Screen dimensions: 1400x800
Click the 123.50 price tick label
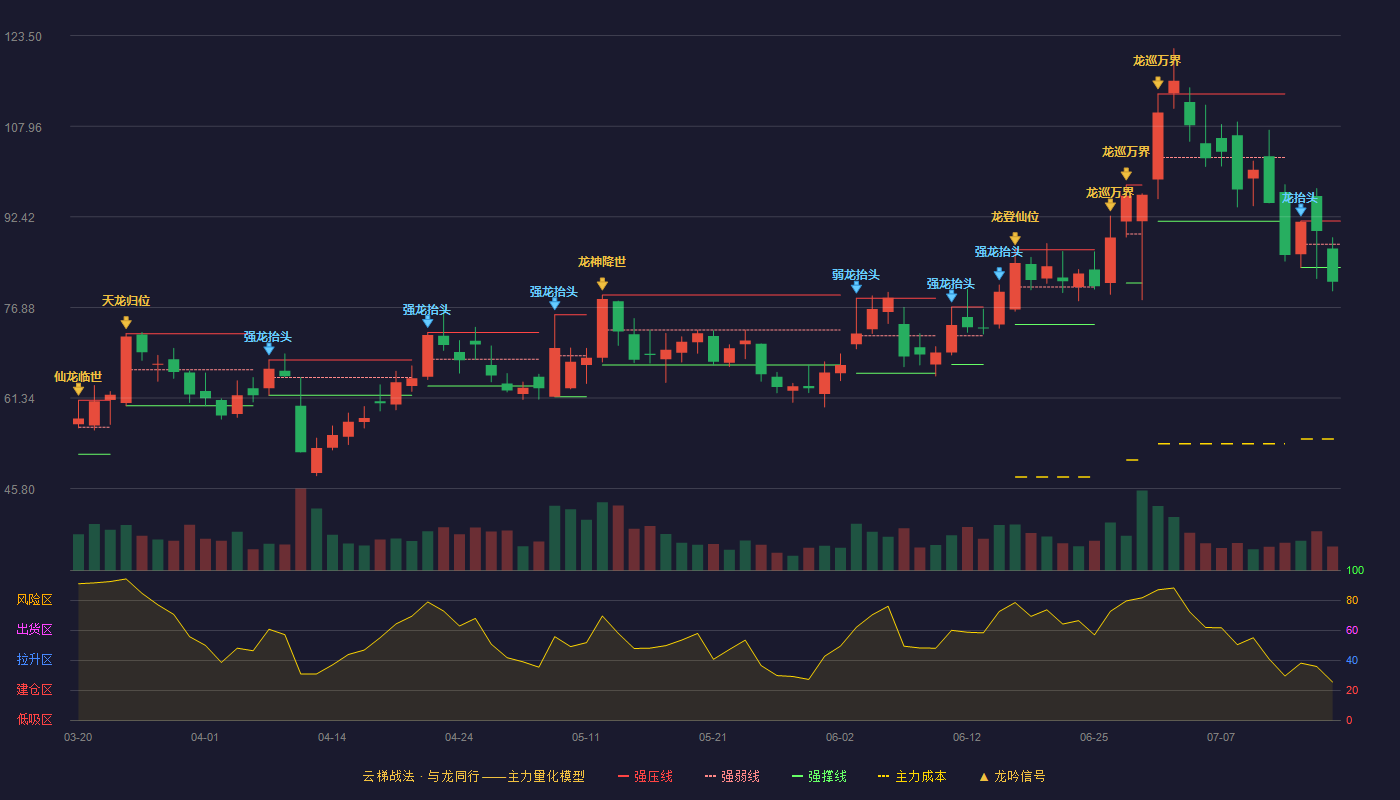tap(23, 37)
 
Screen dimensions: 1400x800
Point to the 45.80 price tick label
tap(19, 490)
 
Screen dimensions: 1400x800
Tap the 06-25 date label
tap(1094, 738)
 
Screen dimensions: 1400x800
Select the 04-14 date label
tap(332, 738)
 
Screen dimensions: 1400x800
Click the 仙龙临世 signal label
tap(78, 377)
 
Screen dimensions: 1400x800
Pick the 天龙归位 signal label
tap(126, 301)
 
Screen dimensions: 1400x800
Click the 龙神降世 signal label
tap(602, 262)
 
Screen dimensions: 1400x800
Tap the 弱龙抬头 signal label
tap(856, 275)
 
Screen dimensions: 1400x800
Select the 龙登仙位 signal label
tap(1015, 217)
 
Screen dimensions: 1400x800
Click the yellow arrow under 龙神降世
tap(602, 284)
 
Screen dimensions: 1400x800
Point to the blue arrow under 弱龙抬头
tap(856, 288)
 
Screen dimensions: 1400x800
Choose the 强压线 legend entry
tap(645, 776)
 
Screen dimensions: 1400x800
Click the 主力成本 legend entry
tap(912, 776)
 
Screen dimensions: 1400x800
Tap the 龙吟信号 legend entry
tap(1012, 776)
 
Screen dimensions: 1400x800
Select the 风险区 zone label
tap(34, 600)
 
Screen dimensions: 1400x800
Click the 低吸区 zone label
tap(34, 720)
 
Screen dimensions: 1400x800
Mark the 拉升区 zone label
tap(34, 660)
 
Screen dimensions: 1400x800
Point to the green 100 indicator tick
tap(1355, 570)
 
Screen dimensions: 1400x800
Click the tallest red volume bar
tap(301, 529)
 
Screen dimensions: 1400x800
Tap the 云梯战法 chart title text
tap(388, 776)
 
